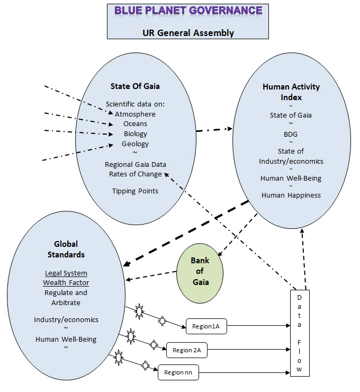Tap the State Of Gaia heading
(135, 87)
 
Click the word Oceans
(135, 123)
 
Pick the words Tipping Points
(135, 191)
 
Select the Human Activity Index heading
(291, 92)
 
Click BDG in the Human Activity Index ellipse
(291, 133)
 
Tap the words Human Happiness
(291, 195)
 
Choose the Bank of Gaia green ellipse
(200, 271)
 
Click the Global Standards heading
(66, 249)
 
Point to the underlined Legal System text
(66, 273)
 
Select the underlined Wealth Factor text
(66, 282)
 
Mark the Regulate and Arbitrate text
(66, 297)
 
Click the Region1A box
(206, 327)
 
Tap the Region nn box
(178, 372)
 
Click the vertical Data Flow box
(300, 333)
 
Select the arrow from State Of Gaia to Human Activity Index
(214, 129)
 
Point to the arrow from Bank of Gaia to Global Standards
(151, 276)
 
